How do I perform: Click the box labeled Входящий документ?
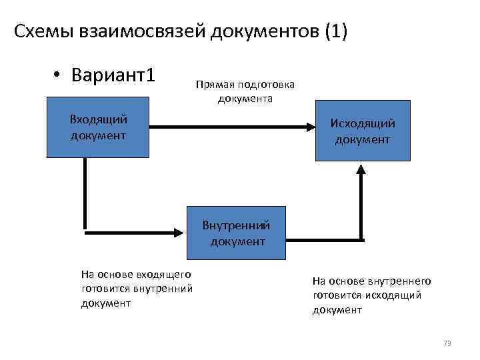click(x=98, y=127)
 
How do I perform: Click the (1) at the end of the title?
click(x=336, y=32)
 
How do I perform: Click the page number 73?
click(x=447, y=343)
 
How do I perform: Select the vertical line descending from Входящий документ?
click(x=85, y=193)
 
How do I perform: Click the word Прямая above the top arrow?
click(x=211, y=85)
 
